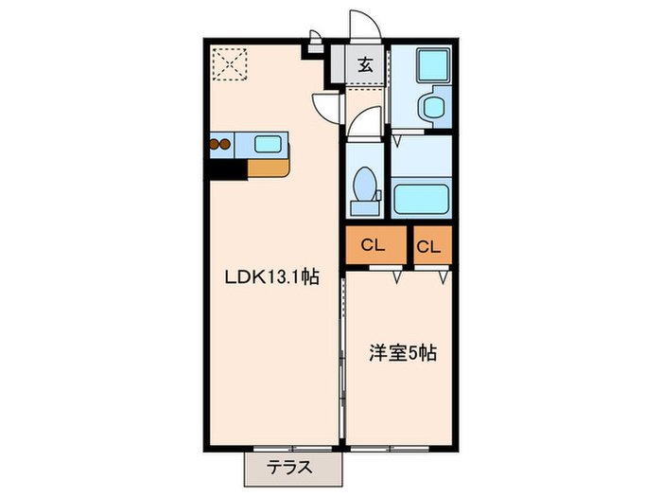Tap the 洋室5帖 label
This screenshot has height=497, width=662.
point(402,353)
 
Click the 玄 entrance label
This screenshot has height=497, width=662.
point(365,65)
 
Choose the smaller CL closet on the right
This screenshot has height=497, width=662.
point(428,247)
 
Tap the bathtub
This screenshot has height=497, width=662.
point(420,200)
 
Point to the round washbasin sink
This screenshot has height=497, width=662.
point(436,106)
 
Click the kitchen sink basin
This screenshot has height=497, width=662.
point(268,145)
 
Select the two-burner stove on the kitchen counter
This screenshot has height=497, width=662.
point(220,145)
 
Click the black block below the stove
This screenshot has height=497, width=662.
point(227,169)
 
